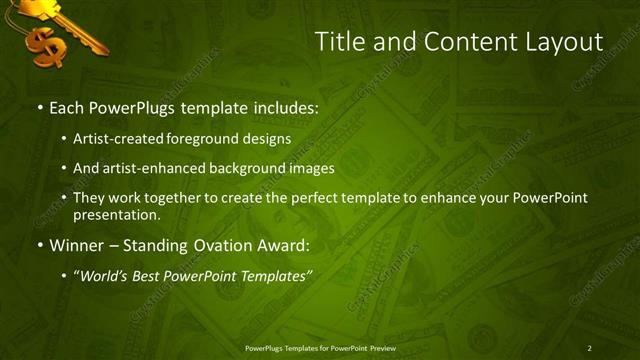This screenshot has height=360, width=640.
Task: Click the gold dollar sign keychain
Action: (x=44, y=45)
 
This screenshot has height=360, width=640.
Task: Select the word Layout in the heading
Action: (x=561, y=42)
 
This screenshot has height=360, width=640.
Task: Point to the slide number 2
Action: (x=589, y=347)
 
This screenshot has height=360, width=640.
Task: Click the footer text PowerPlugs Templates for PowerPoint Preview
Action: (x=319, y=347)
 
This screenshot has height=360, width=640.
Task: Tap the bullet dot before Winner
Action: (x=39, y=245)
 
